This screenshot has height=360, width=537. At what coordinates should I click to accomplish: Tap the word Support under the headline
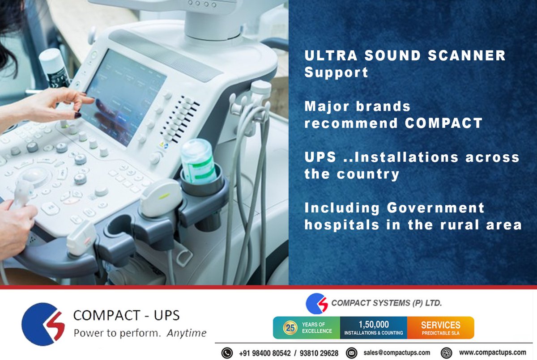(x=336, y=72)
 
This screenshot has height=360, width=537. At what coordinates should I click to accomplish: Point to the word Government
(x=435, y=208)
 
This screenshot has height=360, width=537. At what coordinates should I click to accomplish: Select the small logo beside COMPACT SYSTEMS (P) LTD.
(x=317, y=304)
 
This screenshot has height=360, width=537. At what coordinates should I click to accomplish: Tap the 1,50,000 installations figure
(x=373, y=325)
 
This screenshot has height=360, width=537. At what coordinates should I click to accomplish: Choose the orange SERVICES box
(x=440, y=328)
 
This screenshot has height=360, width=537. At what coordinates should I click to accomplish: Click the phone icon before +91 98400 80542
(x=227, y=352)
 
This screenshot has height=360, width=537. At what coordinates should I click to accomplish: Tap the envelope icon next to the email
(x=352, y=352)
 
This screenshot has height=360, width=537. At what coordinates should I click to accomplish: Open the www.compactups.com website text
(x=492, y=352)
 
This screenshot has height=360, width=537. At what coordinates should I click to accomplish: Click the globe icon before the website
(x=446, y=352)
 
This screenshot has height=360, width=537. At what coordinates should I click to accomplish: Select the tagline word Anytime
(x=187, y=333)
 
